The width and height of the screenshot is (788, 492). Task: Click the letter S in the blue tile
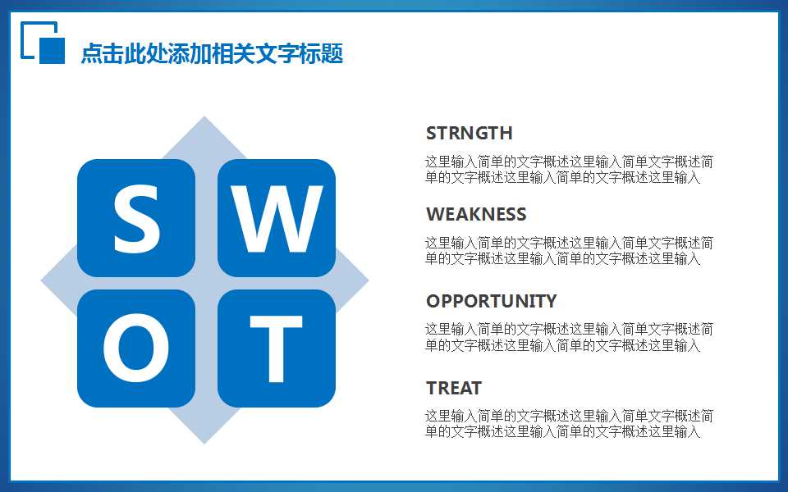click(x=136, y=218)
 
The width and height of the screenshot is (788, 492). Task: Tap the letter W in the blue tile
click(x=276, y=218)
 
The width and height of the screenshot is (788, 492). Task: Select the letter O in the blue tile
click(x=136, y=348)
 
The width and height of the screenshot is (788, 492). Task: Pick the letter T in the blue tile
click(x=276, y=348)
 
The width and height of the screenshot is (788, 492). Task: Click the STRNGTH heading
click(x=469, y=133)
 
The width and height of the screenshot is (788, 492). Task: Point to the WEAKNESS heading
click(x=476, y=214)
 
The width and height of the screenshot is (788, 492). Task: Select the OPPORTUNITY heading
click(x=491, y=301)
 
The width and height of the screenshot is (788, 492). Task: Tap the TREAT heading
click(x=453, y=388)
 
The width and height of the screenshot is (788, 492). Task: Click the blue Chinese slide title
click(x=212, y=54)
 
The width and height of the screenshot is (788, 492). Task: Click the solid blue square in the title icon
click(x=52, y=50)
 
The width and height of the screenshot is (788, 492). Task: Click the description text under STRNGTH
click(x=568, y=169)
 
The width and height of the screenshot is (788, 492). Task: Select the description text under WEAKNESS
click(x=568, y=251)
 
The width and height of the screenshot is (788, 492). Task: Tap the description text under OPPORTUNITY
click(x=568, y=337)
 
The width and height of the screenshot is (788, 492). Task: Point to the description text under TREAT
click(x=568, y=424)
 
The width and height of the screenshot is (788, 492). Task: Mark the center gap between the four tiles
click(x=206, y=283)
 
